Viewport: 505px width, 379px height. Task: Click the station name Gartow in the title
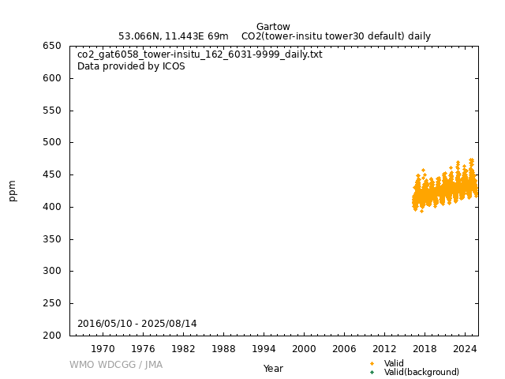(273, 27)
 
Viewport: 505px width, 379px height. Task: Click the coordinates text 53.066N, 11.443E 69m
(173, 36)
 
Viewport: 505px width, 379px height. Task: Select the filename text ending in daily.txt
(200, 54)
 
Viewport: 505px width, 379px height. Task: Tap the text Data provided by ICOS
(131, 66)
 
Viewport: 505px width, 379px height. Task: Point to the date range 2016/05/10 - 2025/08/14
(137, 324)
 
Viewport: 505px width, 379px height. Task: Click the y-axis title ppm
(13, 190)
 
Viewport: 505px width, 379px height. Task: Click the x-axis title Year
(273, 369)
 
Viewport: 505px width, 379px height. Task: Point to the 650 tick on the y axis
(52, 46)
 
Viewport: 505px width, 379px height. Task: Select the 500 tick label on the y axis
(52, 143)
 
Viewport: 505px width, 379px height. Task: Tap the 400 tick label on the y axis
(52, 207)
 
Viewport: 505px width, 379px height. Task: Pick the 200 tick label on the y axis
(52, 336)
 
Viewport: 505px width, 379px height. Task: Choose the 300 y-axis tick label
(52, 272)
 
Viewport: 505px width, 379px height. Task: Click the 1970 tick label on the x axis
(103, 348)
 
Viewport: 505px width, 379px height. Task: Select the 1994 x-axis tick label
(264, 348)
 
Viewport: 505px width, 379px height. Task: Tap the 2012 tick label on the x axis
(384, 348)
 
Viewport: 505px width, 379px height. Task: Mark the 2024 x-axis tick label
(465, 348)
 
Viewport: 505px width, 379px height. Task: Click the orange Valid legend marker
(372, 363)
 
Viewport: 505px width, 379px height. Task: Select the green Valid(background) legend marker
(372, 372)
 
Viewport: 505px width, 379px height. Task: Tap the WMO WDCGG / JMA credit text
(115, 365)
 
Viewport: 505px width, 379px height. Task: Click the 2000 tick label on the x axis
(304, 348)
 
